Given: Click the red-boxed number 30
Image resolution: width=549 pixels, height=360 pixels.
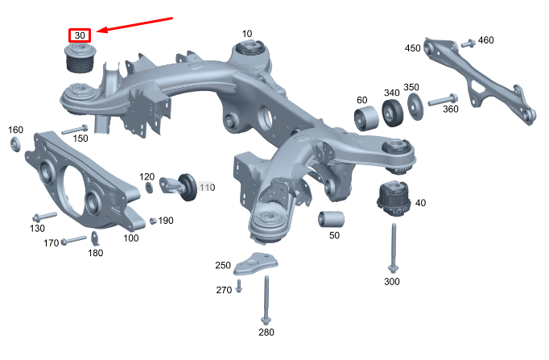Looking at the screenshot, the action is tap(80, 35).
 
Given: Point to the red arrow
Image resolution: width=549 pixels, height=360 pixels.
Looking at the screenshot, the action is tap(134, 24).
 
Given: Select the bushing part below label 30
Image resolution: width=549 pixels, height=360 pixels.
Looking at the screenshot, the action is tap(80, 59).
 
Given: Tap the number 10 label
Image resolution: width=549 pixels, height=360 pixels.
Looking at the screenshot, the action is tap(247, 34).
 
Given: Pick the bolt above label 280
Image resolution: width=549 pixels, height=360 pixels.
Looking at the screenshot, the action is tap(266, 300).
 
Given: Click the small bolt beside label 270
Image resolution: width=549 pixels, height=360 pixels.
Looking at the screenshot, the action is tap(239, 286).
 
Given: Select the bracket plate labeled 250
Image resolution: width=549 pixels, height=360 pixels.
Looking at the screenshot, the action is tap(255, 263).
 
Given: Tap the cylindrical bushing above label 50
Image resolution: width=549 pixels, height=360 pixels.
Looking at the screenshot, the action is tap(331, 219).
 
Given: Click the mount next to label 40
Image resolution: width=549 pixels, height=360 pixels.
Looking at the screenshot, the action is tap(394, 198).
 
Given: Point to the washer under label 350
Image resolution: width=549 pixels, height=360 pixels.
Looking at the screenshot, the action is tap(415, 106).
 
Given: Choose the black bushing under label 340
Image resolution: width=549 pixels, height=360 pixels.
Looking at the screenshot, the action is tap(392, 113).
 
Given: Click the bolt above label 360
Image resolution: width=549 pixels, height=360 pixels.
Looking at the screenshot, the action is tap(443, 99).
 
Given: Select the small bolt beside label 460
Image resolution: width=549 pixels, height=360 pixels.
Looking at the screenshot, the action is tap(469, 43).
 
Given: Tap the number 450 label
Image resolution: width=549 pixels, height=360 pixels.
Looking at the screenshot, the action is tap(412, 48).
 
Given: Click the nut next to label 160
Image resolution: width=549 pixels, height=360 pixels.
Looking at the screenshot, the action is tap(15, 145).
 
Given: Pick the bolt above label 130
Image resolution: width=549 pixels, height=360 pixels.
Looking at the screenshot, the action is tap(44, 217).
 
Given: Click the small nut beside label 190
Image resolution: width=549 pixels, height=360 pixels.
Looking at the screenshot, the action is tap(153, 221).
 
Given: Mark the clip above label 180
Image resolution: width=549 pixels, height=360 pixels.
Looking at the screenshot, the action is tap(95, 238).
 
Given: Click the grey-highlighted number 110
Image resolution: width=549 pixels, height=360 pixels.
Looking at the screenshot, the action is tap(207, 188).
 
